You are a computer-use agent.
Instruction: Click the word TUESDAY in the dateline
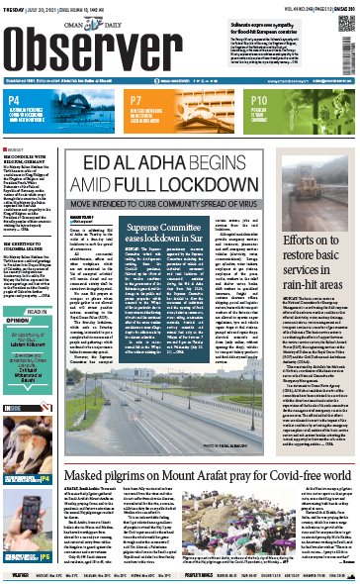point(17,6)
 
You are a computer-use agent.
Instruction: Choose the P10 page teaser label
point(261,101)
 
